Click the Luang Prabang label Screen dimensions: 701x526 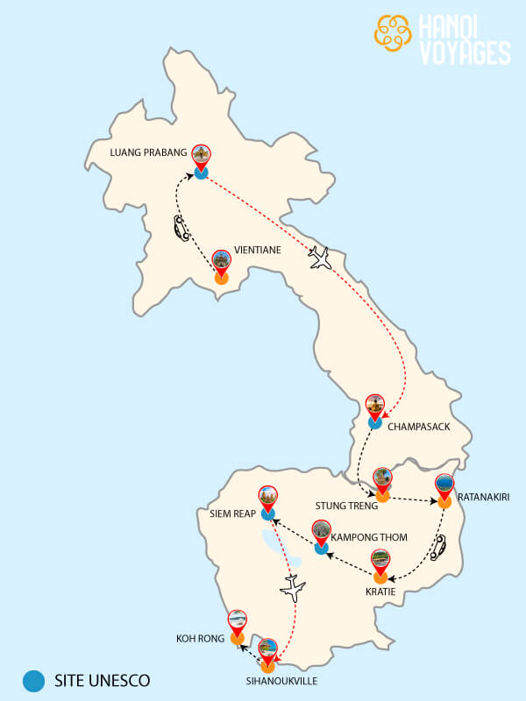(x=148, y=152)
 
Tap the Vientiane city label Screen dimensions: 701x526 (x=258, y=250)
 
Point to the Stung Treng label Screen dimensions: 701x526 (x=345, y=506)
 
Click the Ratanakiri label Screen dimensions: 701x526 (x=483, y=497)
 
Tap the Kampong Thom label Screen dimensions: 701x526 (x=370, y=536)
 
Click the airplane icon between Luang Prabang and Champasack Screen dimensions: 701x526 (x=322, y=258)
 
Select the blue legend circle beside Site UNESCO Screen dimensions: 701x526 (x=34, y=680)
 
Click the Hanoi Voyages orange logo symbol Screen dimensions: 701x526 (x=394, y=32)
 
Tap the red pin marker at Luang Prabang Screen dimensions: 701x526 (x=202, y=157)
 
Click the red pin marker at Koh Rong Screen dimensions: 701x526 (x=237, y=622)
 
